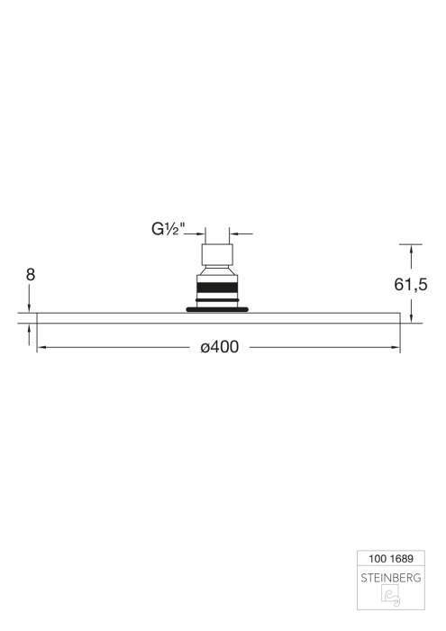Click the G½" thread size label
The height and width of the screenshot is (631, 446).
[x=168, y=229]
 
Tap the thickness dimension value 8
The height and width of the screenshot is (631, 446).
[x=31, y=275]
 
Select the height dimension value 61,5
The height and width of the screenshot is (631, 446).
[x=411, y=285]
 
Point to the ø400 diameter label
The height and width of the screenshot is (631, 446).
[x=220, y=347]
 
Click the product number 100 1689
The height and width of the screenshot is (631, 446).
[x=391, y=559]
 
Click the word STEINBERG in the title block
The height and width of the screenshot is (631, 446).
[x=391, y=578]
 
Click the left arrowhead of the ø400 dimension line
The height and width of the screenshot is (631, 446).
[x=41, y=347]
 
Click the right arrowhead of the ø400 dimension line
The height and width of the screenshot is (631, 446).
[x=396, y=347]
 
